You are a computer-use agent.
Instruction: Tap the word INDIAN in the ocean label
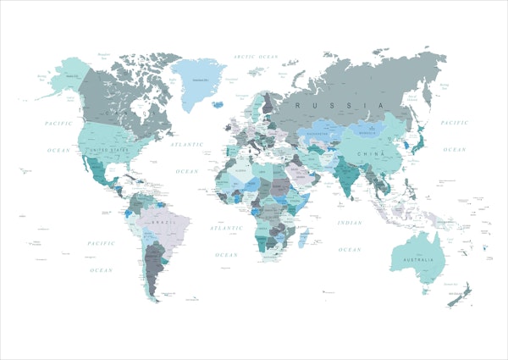pos(349,222)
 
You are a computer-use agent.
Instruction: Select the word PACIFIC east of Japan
pos(455,124)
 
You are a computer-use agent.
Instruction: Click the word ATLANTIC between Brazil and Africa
pos(226,229)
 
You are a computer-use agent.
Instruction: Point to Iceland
pos(218,105)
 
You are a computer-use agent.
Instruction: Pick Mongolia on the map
pos(369,131)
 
